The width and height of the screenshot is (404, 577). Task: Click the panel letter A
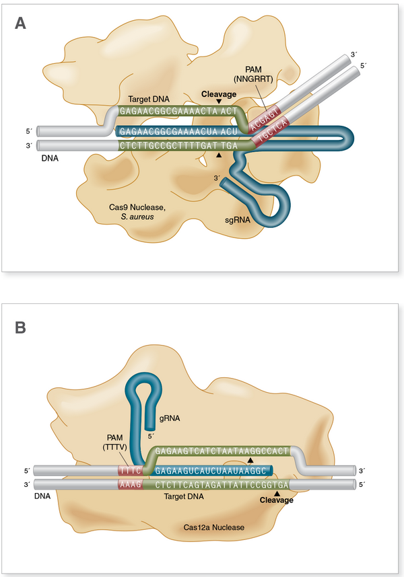(22, 24)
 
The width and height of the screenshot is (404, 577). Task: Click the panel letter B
(21, 328)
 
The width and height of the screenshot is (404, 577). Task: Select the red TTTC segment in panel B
(131, 469)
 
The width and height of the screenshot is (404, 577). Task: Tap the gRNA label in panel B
(168, 418)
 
